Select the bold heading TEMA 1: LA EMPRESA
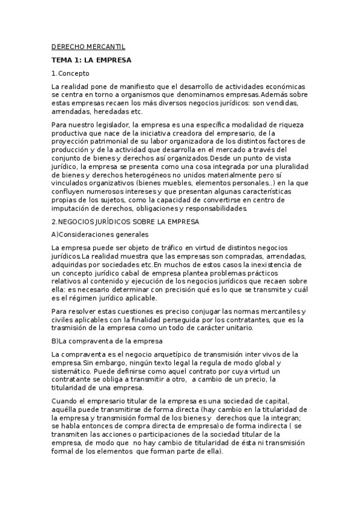click(x=91, y=60)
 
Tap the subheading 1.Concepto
click(x=70, y=73)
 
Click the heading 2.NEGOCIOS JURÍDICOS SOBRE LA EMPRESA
click(x=125, y=221)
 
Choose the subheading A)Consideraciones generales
click(x=100, y=234)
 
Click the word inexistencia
click(x=271, y=264)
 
